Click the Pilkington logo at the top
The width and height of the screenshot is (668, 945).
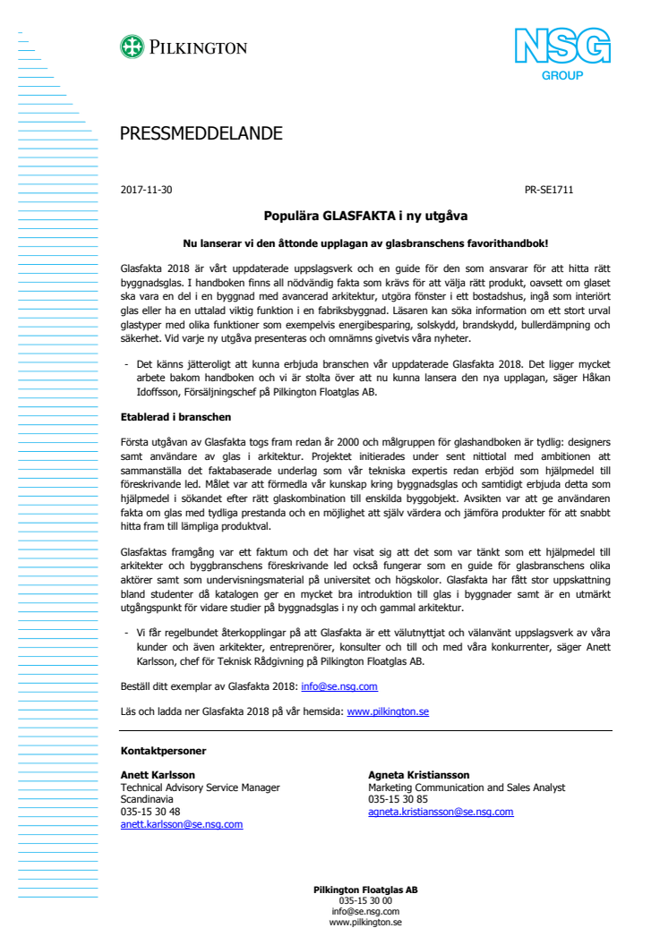[184, 47]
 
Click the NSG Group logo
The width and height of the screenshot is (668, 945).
[561, 54]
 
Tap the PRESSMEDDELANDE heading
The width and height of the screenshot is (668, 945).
[201, 134]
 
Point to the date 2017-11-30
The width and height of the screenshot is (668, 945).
[146, 190]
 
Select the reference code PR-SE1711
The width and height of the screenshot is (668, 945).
[548, 190]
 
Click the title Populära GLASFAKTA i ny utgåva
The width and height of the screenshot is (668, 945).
[365, 216]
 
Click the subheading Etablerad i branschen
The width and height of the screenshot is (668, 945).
[176, 417]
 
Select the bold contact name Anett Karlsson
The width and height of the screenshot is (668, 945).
[158, 775]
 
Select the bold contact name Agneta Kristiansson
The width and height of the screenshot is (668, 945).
[418, 775]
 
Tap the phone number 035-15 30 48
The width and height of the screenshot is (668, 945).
[150, 812]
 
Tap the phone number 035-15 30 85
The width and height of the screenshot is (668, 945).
[398, 799]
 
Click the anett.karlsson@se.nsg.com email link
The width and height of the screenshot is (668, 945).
[182, 824]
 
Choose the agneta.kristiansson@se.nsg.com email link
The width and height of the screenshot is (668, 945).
[441, 812]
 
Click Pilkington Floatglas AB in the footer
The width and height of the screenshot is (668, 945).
[365, 890]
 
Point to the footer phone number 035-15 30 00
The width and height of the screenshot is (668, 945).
[365, 900]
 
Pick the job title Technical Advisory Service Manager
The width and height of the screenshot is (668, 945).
[201, 787]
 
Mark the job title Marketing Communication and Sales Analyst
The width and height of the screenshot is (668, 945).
[467, 787]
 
